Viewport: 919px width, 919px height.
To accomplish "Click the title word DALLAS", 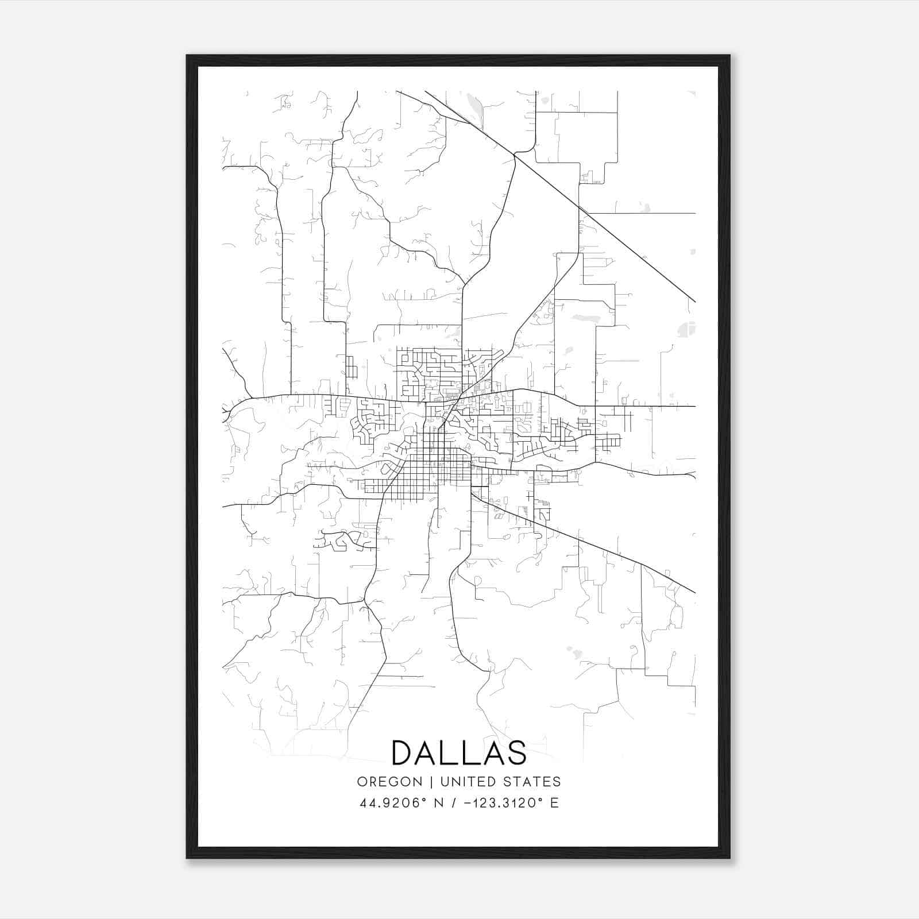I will point(459,753).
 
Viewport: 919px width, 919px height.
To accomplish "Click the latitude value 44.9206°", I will point(392,803).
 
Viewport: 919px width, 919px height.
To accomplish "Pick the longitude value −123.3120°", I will point(502,803).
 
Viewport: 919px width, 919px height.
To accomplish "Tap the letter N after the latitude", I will point(438,803).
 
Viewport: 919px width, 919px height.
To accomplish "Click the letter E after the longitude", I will point(554,803).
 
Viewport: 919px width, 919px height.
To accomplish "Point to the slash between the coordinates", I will point(454,803).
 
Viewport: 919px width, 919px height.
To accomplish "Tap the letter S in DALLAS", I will point(516,753).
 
